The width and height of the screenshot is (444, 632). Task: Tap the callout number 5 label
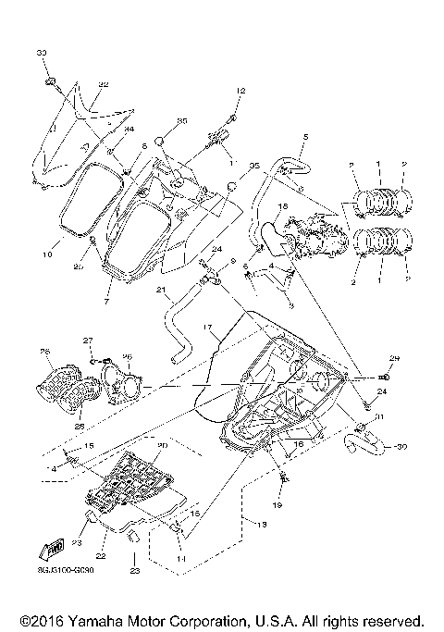(304, 137)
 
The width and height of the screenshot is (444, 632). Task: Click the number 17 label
(208, 327)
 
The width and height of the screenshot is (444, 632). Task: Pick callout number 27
(89, 341)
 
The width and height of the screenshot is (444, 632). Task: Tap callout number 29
(393, 358)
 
